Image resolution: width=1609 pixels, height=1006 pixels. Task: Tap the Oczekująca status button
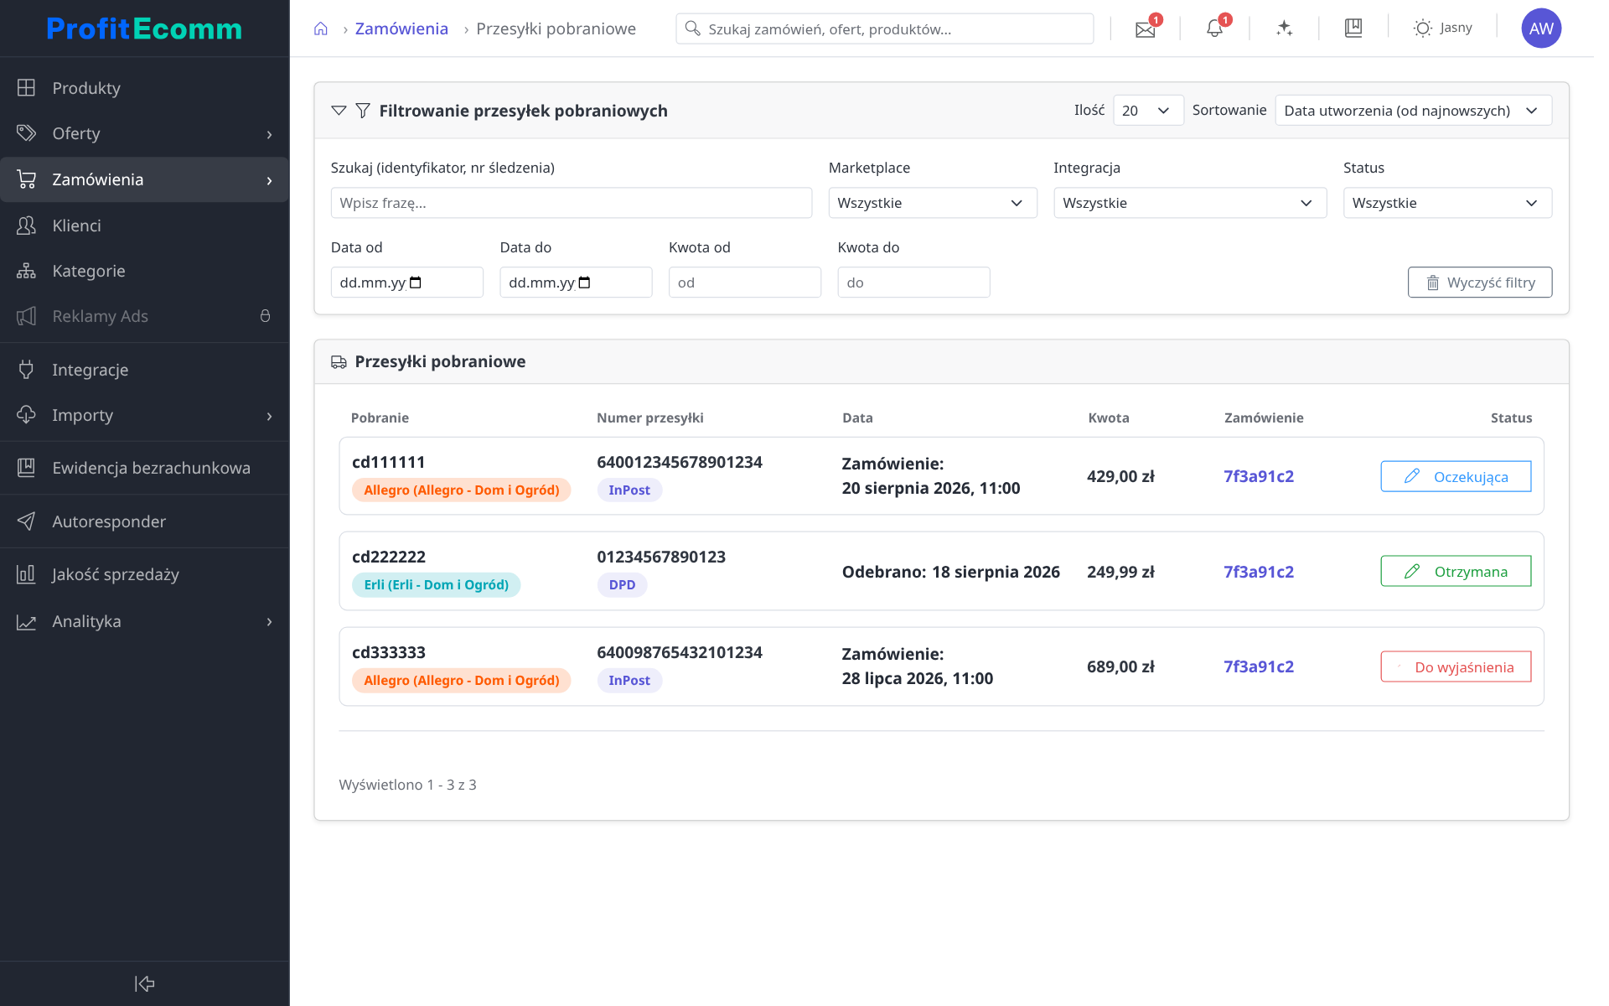pos(1456,476)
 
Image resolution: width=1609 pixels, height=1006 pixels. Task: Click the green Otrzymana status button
pos(1456,572)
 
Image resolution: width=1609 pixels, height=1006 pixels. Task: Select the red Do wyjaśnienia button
pos(1456,667)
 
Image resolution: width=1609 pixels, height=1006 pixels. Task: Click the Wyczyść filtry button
pos(1480,283)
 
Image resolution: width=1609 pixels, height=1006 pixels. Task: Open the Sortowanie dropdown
pos(1414,111)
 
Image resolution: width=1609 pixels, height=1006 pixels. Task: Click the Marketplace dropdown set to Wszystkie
pos(933,203)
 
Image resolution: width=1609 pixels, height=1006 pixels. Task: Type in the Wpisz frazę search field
pos(572,203)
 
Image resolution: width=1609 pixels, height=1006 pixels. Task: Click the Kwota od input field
pos(745,283)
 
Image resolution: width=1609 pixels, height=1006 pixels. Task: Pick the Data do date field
pos(576,283)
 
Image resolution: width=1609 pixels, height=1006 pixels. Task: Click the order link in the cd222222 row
pos(1259,572)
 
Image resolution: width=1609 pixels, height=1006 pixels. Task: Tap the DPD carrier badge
pos(622,585)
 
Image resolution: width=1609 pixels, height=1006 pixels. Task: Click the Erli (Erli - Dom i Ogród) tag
pos(437,585)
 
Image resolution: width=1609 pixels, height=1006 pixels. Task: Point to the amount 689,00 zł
pos(1120,667)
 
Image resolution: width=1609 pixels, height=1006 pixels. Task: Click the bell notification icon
pos(1214,29)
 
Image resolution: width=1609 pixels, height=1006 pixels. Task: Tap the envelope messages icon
pos(1145,29)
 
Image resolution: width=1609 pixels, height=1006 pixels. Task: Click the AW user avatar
pos(1541,29)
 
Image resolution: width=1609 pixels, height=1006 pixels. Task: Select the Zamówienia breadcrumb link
pos(401,29)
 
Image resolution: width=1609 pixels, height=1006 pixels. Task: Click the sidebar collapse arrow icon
pos(145,983)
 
